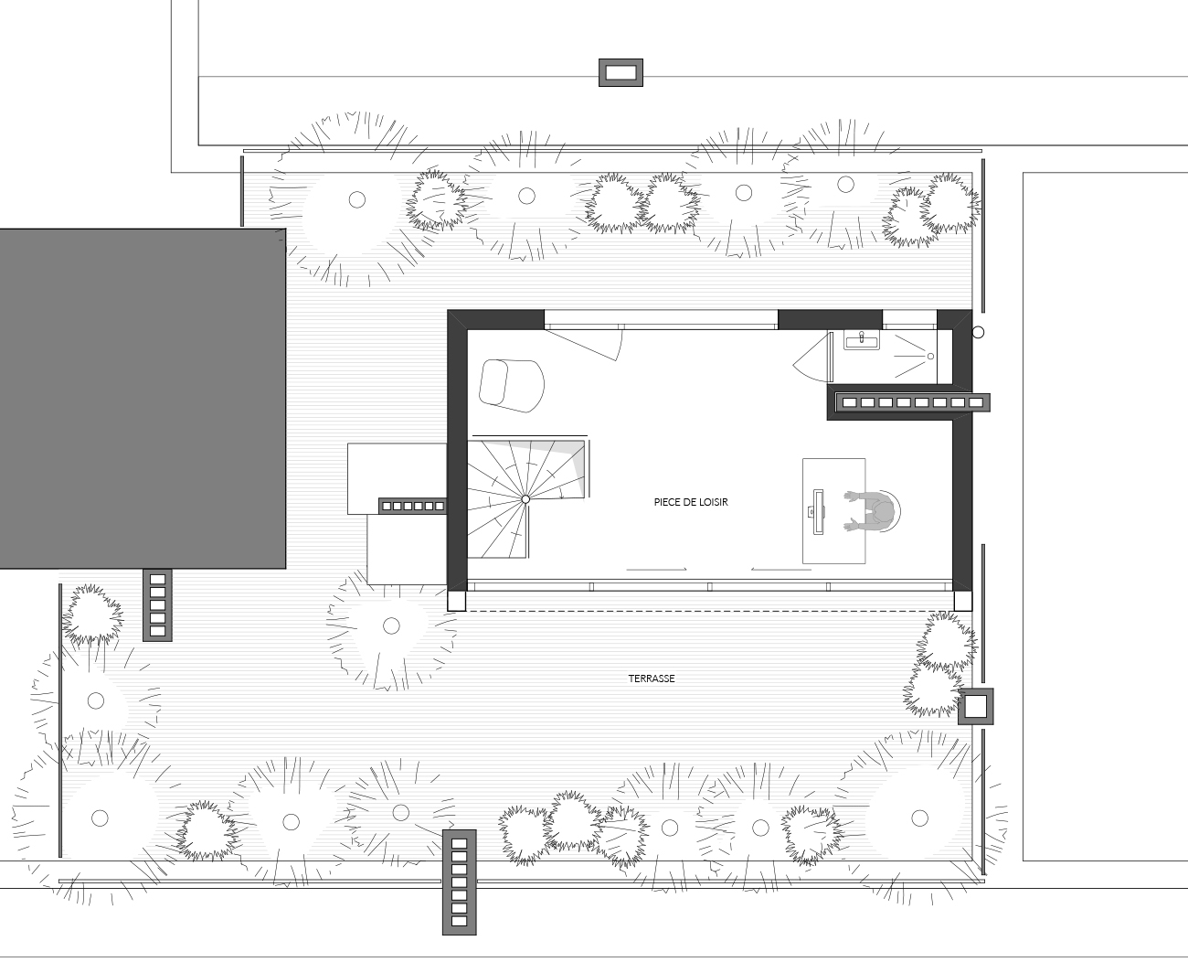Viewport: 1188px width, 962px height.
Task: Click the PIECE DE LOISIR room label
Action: coord(691,502)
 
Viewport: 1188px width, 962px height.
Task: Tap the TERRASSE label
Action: coord(652,679)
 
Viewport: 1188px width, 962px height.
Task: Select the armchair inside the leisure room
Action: coord(512,386)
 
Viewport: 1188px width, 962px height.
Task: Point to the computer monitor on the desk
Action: coord(818,512)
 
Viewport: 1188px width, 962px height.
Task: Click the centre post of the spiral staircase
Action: coord(525,499)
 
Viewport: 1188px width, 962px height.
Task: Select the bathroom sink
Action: coord(862,340)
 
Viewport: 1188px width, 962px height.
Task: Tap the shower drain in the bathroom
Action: coord(931,356)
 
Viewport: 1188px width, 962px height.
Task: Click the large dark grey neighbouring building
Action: coord(143,399)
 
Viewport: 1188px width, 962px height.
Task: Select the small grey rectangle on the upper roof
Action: coord(621,72)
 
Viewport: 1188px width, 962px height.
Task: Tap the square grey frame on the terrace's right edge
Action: coord(975,707)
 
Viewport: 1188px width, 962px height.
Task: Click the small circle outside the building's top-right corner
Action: coord(978,332)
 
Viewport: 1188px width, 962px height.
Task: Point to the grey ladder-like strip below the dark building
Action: coord(157,604)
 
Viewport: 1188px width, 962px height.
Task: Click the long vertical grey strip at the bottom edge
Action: coord(459,882)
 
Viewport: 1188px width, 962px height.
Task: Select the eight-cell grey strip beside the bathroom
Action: coord(912,402)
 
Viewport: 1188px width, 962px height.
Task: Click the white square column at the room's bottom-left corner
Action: coord(456,601)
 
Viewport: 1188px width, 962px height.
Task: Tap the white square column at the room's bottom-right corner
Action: coord(962,601)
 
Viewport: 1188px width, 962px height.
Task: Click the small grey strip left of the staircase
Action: coord(412,506)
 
